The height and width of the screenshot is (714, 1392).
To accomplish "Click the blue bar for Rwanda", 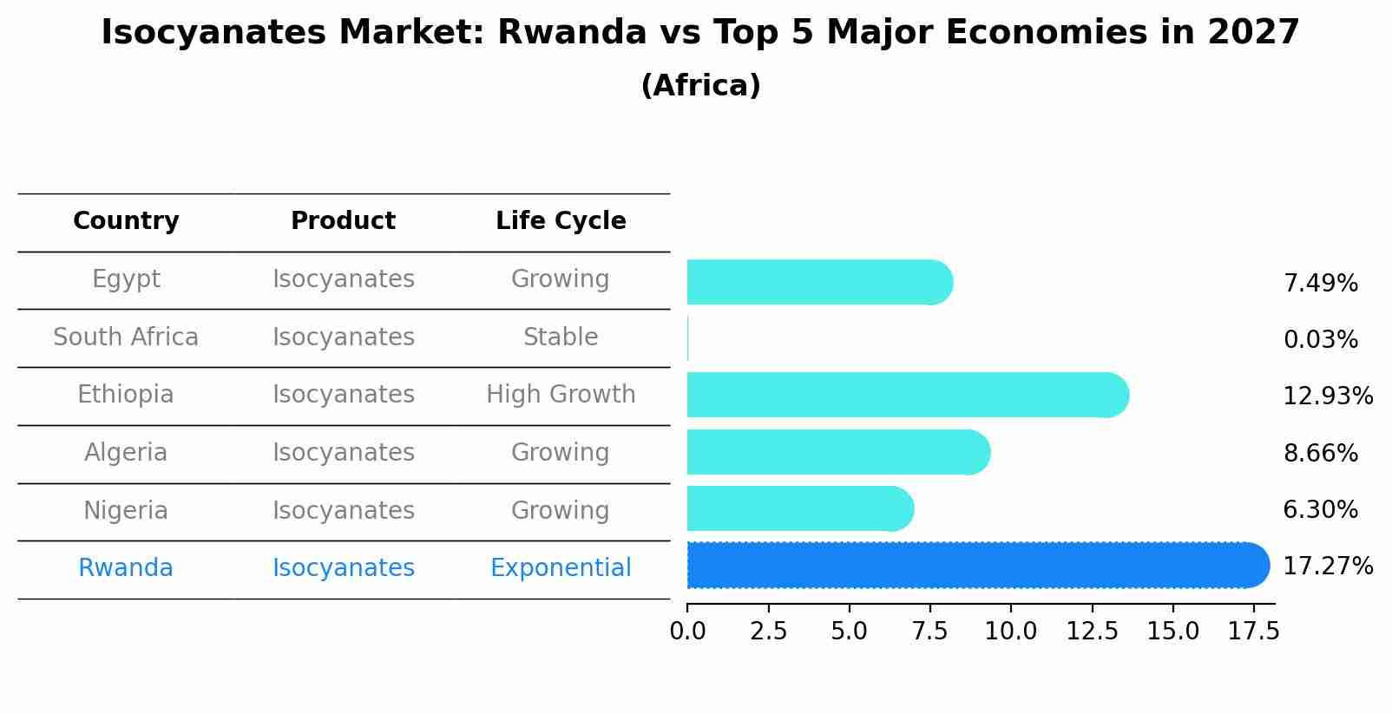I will pos(976,566).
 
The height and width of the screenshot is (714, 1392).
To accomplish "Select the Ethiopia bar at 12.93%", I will pos(907,396).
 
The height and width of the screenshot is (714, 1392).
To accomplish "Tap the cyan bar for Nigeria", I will pos(798,509).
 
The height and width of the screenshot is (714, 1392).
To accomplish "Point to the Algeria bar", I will pos(837,452).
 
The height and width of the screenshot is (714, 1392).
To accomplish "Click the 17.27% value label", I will pos(1327,567).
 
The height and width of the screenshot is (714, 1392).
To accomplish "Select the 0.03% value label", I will pos(1320,340).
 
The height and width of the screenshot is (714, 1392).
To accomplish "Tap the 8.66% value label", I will pos(1320,453).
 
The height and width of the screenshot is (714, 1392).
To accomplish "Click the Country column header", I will pos(126,221).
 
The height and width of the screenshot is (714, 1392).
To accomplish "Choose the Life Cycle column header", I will pos(561,221).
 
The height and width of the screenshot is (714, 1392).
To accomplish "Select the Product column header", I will pos(343,221).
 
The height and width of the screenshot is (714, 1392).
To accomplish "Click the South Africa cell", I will pos(126,337).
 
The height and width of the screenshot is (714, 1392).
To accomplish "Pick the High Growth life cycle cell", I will pos(561,395).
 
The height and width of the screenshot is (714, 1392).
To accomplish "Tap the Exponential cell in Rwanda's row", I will pos(561,568).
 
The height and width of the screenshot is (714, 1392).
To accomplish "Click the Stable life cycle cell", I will pos(561,337).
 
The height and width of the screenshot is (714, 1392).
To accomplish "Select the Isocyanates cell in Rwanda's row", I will pos(343,568).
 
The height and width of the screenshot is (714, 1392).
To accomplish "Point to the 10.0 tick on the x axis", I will pos(1010,632).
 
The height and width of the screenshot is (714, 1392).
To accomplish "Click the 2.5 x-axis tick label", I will pos(768,632).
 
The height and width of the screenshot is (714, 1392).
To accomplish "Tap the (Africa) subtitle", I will pos(700,86).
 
